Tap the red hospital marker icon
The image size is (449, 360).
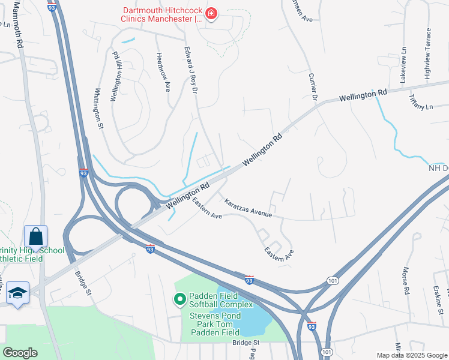(211, 13)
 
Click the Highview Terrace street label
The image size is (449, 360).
(428, 54)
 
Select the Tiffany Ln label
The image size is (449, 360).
(420, 102)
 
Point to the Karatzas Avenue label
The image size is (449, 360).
(248, 208)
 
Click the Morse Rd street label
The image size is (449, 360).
(406, 281)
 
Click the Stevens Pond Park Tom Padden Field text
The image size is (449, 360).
(215, 324)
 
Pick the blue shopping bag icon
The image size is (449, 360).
(35, 236)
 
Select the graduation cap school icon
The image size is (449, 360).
(18, 293)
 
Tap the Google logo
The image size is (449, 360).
(20, 352)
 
